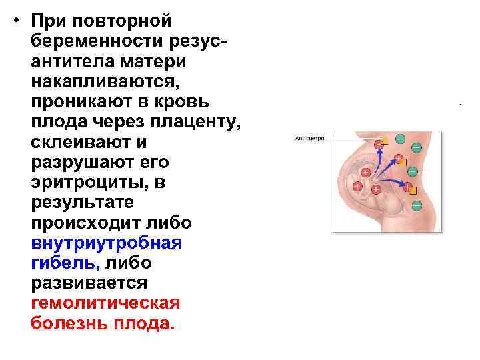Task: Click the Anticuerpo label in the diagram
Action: click(x=309, y=139)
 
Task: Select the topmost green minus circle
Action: click(x=400, y=139)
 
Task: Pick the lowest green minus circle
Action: click(x=417, y=205)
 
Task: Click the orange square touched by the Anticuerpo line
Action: click(x=384, y=141)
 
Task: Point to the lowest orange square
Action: click(x=412, y=191)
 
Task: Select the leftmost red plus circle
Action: click(x=357, y=185)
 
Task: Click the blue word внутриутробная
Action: click(x=106, y=243)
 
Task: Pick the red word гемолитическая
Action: click(x=105, y=303)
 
